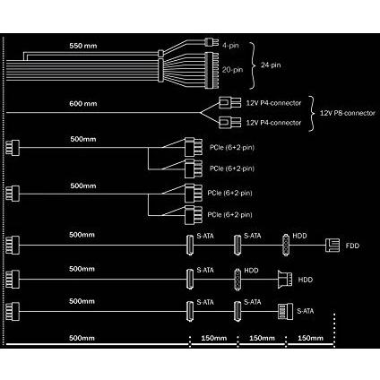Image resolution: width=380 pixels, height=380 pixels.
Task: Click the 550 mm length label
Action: [x=83, y=46]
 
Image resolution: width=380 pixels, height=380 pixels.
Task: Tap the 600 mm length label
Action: [x=83, y=104]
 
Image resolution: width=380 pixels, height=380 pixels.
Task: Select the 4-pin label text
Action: [x=230, y=46]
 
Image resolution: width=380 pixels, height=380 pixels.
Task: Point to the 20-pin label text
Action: [x=232, y=70]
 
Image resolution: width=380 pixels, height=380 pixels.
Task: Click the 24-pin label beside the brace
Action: [x=271, y=65]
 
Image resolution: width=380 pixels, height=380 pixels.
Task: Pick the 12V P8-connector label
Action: [x=348, y=113]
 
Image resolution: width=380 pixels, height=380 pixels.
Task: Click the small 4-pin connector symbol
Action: [x=212, y=42]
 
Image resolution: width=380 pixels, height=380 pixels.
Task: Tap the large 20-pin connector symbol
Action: [x=212, y=71]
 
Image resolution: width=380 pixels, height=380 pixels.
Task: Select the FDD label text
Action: [x=352, y=246]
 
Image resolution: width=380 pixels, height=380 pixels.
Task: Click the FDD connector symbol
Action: [x=332, y=246]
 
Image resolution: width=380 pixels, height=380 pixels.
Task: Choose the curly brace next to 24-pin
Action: [x=253, y=65]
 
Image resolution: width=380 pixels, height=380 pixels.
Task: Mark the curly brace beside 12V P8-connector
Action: [x=312, y=114]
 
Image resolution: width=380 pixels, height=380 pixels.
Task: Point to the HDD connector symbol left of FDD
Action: [x=286, y=246]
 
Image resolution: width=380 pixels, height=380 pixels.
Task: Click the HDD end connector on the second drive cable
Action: [x=285, y=280]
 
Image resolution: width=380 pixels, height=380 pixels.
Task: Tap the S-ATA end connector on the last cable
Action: [x=285, y=311]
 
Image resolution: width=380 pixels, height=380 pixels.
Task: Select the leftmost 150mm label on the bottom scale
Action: [x=214, y=338]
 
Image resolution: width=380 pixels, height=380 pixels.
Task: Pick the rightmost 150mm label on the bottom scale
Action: [x=310, y=338]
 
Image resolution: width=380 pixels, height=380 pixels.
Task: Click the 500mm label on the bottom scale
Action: [x=82, y=338]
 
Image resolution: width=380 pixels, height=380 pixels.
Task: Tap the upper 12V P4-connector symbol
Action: [x=229, y=103]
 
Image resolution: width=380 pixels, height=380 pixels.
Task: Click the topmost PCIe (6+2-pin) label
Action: [x=232, y=148]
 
